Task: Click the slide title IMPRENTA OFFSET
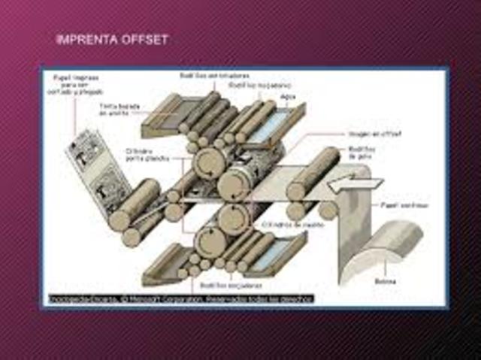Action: click(x=112, y=39)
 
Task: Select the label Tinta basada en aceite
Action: click(x=119, y=110)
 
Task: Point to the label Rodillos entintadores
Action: click(x=214, y=77)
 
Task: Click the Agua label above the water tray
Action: click(x=286, y=97)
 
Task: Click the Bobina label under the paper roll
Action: click(x=385, y=281)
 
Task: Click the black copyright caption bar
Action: click(x=180, y=298)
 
